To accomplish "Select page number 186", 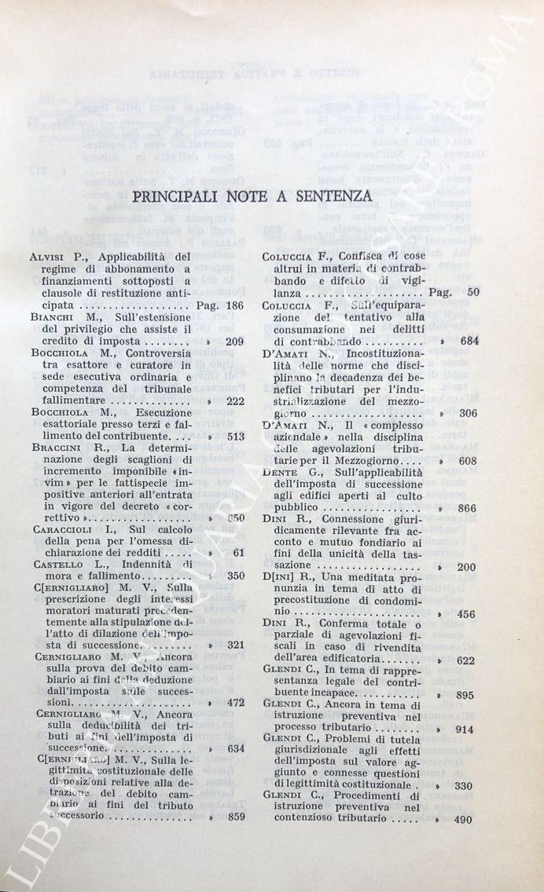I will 234,306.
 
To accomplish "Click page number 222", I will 234,401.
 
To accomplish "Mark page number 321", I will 234,645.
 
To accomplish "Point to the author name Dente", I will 280,472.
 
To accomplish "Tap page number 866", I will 465,508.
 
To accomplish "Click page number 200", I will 465,567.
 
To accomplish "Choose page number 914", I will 465,729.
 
